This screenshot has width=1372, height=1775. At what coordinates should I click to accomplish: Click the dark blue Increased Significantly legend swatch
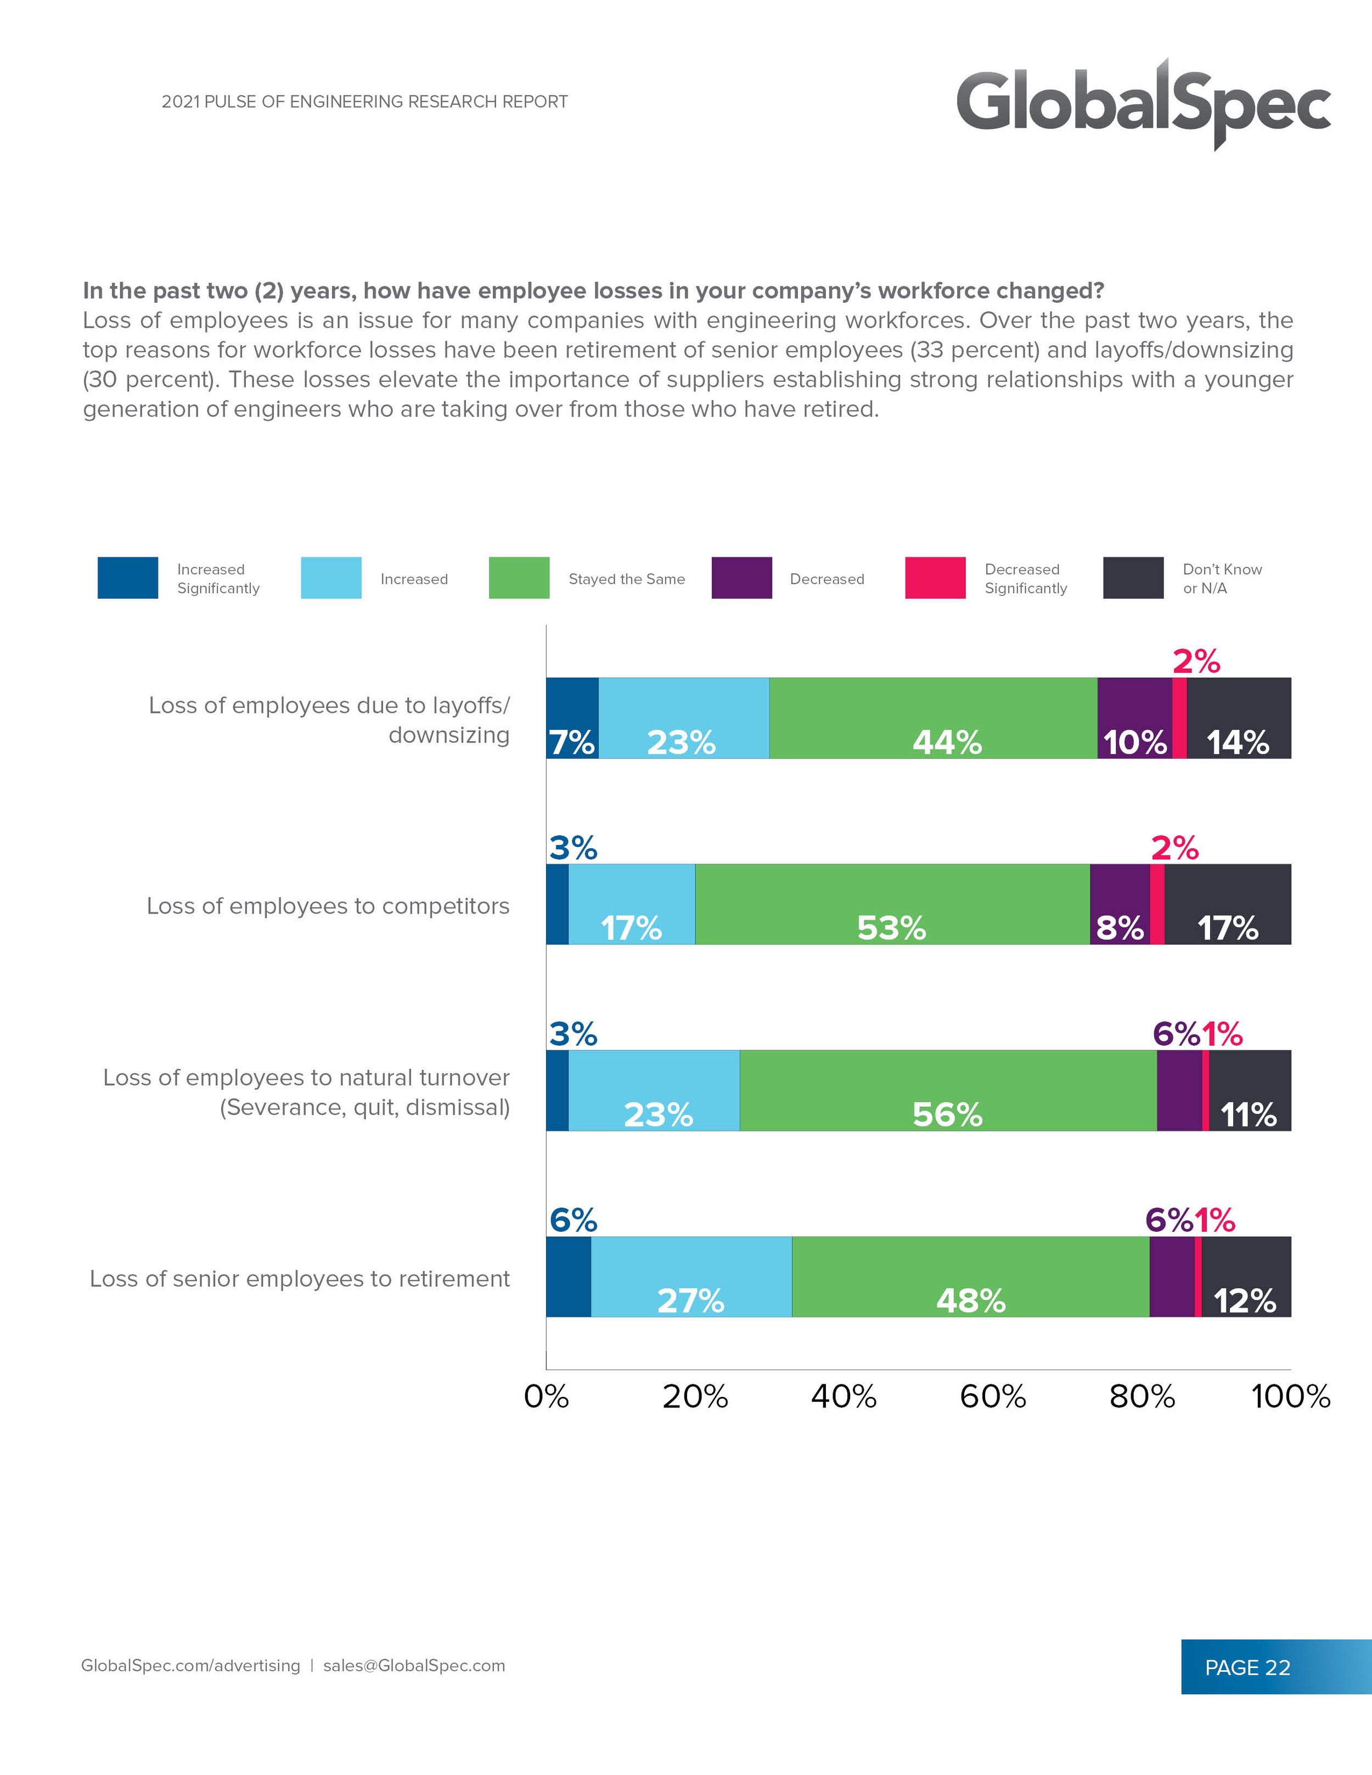[128, 578]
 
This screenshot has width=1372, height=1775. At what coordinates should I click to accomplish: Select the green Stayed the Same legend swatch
[519, 578]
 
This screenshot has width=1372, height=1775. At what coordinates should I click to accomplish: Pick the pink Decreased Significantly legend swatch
[935, 578]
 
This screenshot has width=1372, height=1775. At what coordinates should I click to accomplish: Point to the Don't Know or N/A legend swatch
[1133, 578]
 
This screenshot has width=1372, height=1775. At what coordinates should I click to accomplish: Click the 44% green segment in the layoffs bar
[933, 718]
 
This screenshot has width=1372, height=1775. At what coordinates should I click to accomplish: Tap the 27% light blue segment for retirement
[691, 1277]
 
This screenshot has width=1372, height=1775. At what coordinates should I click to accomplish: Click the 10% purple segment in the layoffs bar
[1135, 718]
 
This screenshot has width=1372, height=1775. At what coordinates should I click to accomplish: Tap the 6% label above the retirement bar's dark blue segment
[573, 1220]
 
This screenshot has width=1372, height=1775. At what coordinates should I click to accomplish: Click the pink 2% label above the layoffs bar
[1196, 662]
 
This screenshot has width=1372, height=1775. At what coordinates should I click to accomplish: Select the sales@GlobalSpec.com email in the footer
[414, 1665]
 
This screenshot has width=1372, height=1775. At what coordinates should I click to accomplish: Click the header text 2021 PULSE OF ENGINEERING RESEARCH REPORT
[364, 102]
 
